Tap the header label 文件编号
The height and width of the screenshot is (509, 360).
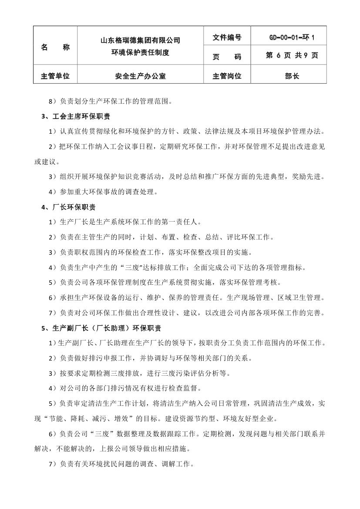click(227, 38)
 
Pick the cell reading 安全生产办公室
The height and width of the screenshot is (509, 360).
click(140, 76)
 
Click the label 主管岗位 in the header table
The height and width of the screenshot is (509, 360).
click(227, 76)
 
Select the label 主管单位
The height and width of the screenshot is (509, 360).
click(55, 76)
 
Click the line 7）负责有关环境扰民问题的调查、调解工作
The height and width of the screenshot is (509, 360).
click(122, 464)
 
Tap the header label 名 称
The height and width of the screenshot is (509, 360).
click(55, 47)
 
